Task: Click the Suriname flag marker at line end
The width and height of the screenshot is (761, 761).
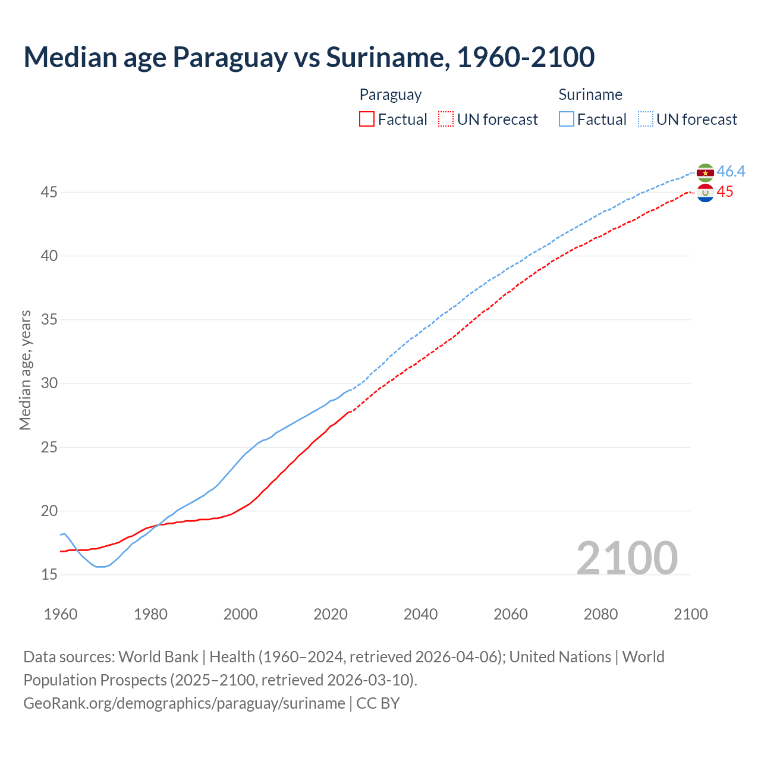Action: point(705,172)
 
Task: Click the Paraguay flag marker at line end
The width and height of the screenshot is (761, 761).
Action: point(705,193)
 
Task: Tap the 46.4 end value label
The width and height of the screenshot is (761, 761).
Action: point(731,171)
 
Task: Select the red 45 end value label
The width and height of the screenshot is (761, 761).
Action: point(725,191)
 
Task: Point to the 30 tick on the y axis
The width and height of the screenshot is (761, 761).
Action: point(49,383)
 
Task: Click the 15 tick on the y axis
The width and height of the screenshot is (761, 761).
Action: point(49,574)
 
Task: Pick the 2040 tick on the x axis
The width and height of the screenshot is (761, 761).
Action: point(420,614)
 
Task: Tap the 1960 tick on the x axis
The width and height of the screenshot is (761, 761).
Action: point(61,614)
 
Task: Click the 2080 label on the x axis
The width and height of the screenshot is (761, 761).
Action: point(600,614)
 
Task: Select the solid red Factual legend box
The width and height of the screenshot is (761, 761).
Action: point(367,120)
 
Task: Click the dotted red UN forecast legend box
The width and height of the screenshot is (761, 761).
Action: point(446,120)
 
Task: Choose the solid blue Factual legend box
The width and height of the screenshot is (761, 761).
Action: point(567,120)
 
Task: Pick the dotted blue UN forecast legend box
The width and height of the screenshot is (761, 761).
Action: point(646,120)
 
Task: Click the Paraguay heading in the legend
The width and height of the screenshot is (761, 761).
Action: point(391,95)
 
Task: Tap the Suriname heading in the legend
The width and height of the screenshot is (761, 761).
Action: point(590,95)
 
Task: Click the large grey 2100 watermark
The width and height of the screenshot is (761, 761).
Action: point(627,558)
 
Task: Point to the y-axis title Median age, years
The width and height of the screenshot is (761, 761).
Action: point(25,370)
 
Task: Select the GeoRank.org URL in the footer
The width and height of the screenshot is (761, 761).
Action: point(184,703)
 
